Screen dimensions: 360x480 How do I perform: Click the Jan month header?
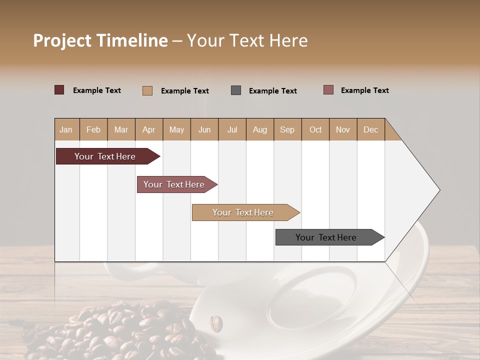pyautogui.click(x=66, y=129)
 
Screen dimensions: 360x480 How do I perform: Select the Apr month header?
pyautogui.click(x=149, y=129)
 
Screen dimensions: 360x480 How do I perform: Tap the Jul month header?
pyautogui.click(x=232, y=129)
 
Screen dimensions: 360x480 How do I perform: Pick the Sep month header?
pyautogui.click(x=287, y=129)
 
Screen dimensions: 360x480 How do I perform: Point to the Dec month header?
pyautogui.click(x=370, y=129)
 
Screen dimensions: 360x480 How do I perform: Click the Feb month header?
pyautogui.click(x=93, y=129)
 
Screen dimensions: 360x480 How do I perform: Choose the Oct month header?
pyautogui.click(x=315, y=129)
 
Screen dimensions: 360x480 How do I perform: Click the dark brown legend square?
pyautogui.click(x=59, y=90)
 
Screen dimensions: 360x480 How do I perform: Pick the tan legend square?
pyautogui.click(x=147, y=90)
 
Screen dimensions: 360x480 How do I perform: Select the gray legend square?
pyautogui.click(x=236, y=90)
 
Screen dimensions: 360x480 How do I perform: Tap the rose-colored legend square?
pyautogui.click(x=328, y=90)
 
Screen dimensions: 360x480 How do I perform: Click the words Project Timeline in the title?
pyautogui.click(x=100, y=40)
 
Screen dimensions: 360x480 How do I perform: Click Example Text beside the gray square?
pyautogui.click(x=272, y=91)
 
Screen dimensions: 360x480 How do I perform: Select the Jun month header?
pyautogui.click(x=204, y=129)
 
